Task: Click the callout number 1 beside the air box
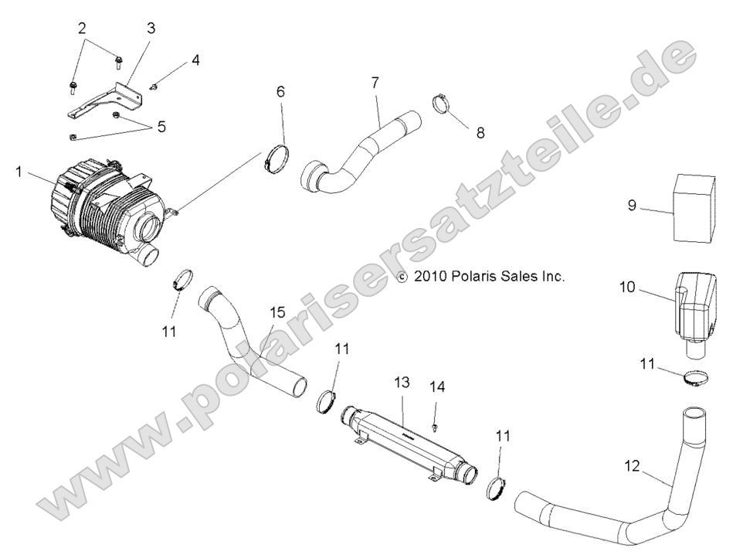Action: tap(18, 170)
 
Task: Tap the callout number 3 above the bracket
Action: tap(151, 29)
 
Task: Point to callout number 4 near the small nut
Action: tap(196, 60)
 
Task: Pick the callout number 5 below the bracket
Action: tap(161, 125)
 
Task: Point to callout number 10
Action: tap(626, 288)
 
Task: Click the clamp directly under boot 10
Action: tap(697, 380)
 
